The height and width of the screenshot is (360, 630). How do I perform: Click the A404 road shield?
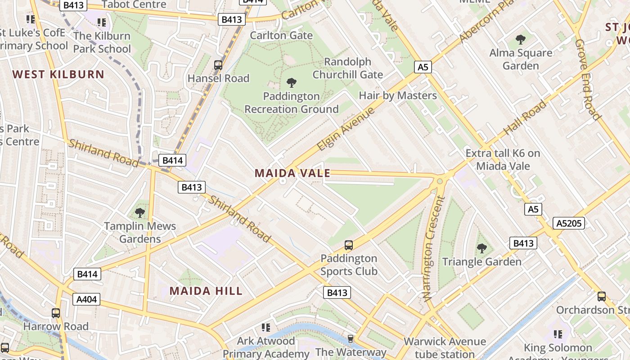[x=87, y=299]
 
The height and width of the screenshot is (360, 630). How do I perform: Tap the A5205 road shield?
[x=569, y=223]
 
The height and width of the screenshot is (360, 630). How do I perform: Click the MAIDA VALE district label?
[x=292, y=173]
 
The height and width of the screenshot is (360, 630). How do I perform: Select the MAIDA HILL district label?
[x=206, y=291]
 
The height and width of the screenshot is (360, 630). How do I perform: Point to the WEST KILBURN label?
[x=58, y=74]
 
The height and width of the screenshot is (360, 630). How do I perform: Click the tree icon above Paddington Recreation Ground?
[x=291, y=83]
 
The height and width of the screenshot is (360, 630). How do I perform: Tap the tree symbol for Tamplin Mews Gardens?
[x=140, y=212]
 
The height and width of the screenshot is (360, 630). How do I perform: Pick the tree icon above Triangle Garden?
[x=481, y=248]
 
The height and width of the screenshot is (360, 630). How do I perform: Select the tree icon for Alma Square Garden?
[x=521, y=40]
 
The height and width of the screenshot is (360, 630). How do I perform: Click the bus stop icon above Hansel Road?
[x=218, y=65]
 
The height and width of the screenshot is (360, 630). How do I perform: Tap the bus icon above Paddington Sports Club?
[x=349, y=245]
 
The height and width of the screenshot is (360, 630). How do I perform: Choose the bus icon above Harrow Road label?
[x=56, y=313]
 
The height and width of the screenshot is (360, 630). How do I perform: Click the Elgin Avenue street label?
[x=346, y=129]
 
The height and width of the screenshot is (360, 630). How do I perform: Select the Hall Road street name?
[x=525, y=117]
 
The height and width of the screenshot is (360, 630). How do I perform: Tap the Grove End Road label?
[x=588, y=80]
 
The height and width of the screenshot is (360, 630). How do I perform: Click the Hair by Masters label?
[x=397, y=95]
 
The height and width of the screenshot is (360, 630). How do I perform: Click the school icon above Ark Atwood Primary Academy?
[x=266, y=327]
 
